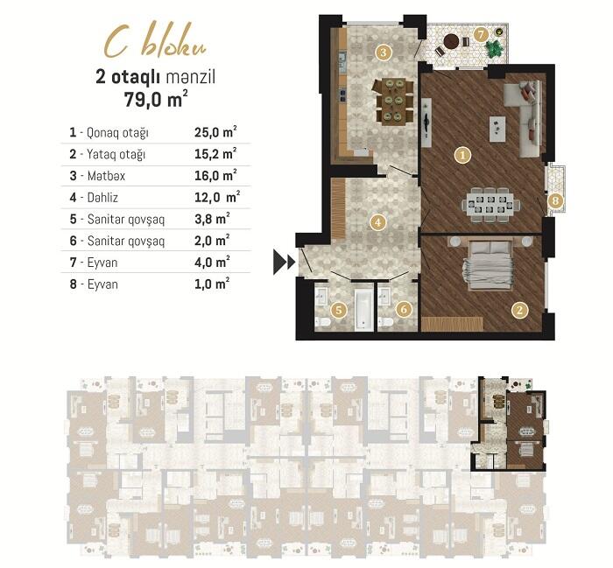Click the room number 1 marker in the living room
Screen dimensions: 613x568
(x=463, y=156)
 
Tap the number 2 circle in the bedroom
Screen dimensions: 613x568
(x=519, y=310)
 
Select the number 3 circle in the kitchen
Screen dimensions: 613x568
(x=384, y=53)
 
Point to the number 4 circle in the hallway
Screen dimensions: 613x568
(x=377, y=222)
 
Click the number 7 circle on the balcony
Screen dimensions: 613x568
(x=481, y=35)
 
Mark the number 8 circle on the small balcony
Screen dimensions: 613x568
(x=555, y=201)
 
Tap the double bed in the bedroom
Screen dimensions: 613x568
(x=490, y=266)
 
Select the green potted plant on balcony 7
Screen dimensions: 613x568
(x=494, y=48)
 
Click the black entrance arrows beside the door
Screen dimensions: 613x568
(x=285, y=262)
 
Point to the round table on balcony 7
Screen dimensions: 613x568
(x=452, y=40)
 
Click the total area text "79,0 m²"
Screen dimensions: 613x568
(x=156, y=99)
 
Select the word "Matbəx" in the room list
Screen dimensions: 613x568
(x=106, y=176)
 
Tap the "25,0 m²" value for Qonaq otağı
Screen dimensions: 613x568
(x=215, y=132)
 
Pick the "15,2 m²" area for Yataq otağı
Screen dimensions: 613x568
(x=215, y=153)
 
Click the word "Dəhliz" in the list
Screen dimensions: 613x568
(x=102, y=197)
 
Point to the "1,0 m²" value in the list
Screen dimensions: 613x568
(x=212, y=284)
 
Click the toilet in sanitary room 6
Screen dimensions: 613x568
(x=386, y=322)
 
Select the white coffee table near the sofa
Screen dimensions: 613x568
(x=497, y=129)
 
